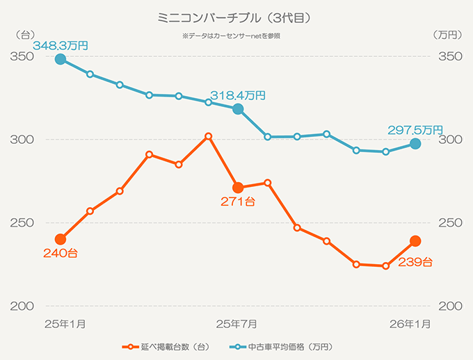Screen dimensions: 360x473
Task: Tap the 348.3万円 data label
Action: coord(61,45)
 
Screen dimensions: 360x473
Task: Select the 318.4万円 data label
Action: coord(238,95)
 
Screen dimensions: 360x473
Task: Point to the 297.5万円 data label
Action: coord(415,130)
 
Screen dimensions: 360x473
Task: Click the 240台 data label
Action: coord(60,254)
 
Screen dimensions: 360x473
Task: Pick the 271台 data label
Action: coord(238,202)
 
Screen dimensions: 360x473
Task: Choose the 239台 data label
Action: coord(415,262)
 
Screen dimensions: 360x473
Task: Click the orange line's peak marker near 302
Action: coord(209,136)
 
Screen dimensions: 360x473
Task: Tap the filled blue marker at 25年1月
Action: coord(61,59)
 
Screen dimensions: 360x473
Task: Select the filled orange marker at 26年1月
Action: coord(415,241)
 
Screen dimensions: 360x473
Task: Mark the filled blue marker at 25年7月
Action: coord(238,109)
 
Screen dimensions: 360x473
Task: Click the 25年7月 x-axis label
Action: coord(238,323)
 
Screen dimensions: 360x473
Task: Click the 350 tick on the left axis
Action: coord(20,56)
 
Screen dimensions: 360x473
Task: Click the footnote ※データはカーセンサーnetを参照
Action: coord(235,35)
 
